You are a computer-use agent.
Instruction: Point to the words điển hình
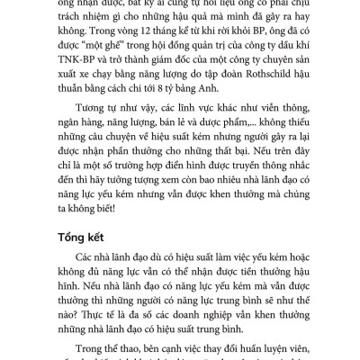point(181,187)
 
